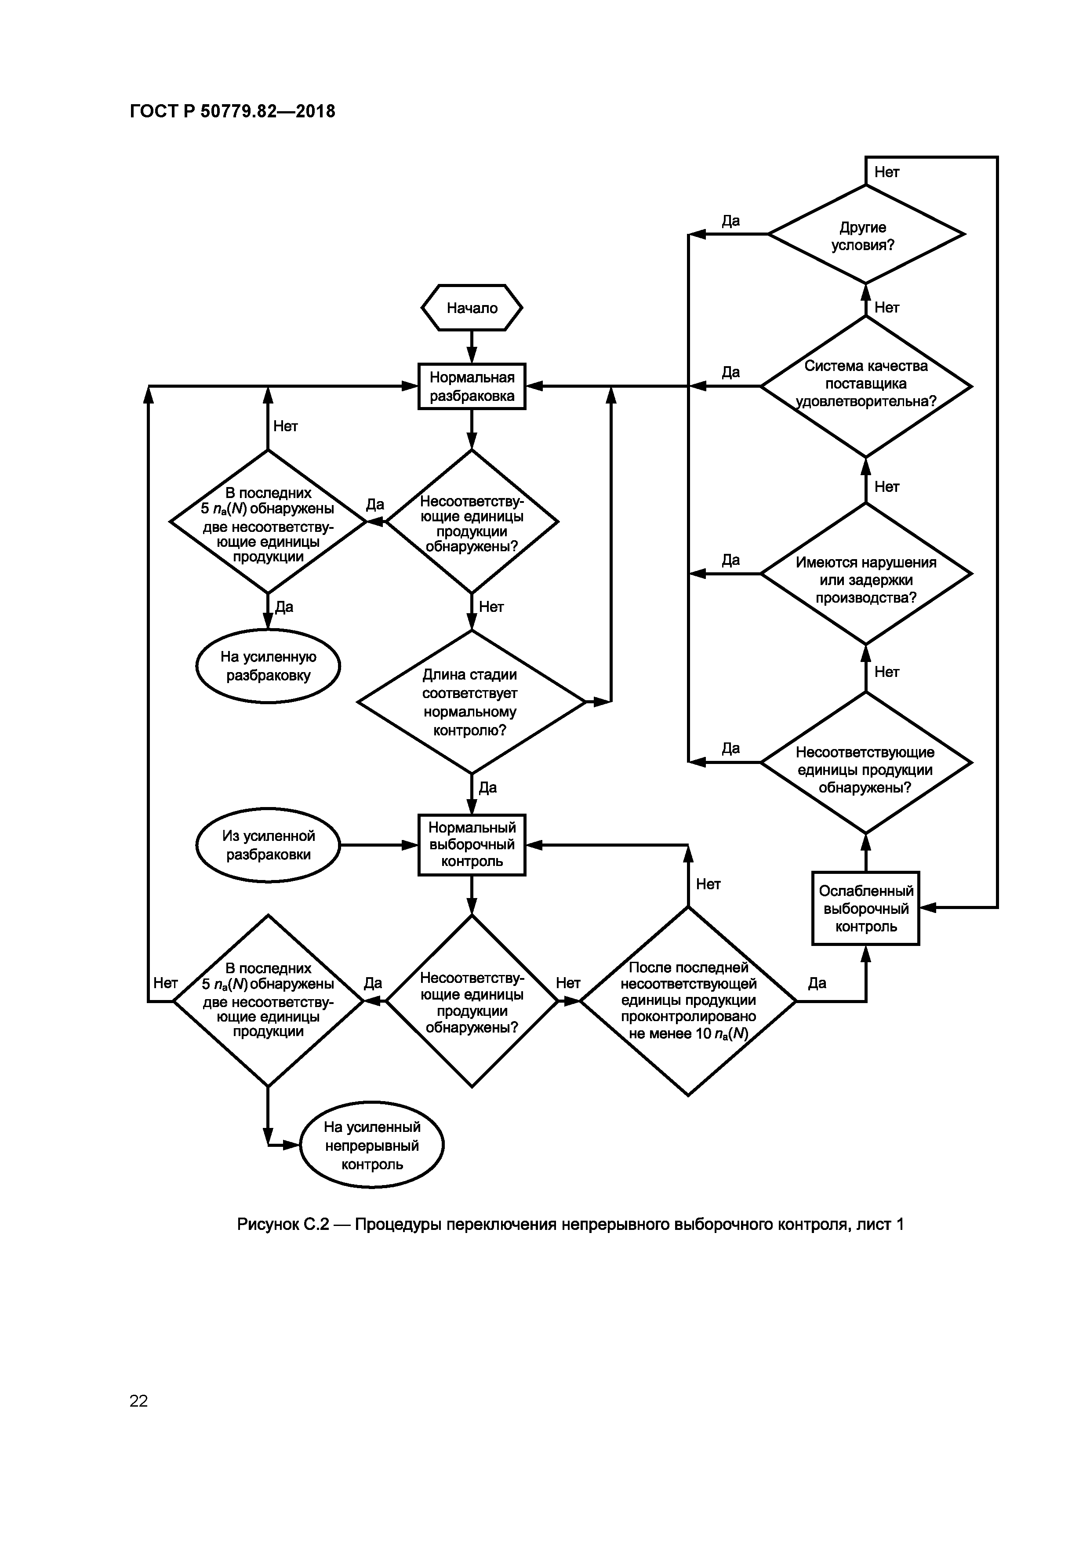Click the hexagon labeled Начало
point(472,308)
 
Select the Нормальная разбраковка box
point(472,386)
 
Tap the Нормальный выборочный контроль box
point(472,845)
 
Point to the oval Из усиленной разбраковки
point(268,845)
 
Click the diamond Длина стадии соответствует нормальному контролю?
point(472,702)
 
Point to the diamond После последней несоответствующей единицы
point(688,1001)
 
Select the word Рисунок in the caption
point(268,1224)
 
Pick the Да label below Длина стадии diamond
point(487,787)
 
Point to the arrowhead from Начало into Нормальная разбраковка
point(472,356)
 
